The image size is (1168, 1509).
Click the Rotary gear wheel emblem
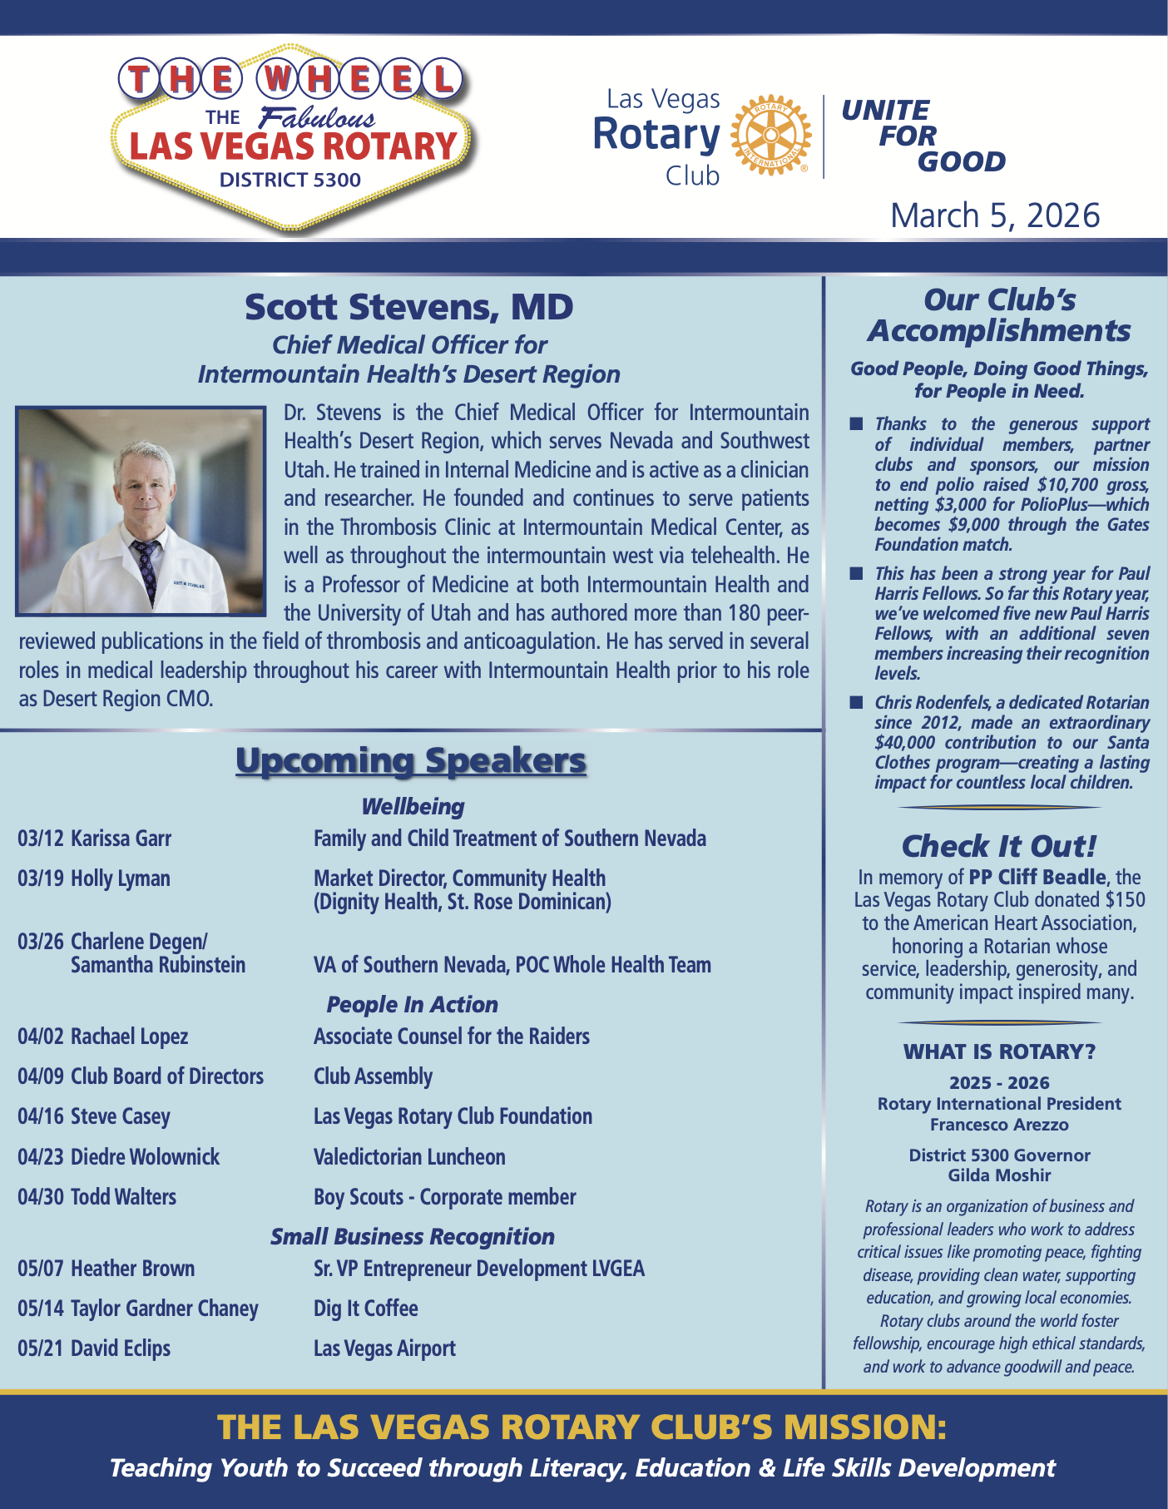click(x=770, y=135)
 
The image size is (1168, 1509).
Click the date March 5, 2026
click(x=995, y=215)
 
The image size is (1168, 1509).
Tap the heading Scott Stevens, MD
click(x=408, y=307)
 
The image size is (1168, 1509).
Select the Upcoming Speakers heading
click(x=411, y=760)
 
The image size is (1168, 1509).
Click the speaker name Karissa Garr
click(x=121, y=839)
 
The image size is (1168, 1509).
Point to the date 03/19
click(x=40, y=878)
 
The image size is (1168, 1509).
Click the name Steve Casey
click(x=120, y=1116)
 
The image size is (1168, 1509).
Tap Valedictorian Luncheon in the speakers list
click(x=409, y=1157)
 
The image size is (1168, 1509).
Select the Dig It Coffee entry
click(x=365, y=1309)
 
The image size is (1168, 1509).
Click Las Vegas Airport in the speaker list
click(x=384, y=1348)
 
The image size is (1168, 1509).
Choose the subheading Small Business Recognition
click(x=413, y=1237)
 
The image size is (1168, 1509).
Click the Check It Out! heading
click(x=999, y=846)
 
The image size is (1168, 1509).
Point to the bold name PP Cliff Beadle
click(x=1039, y=878)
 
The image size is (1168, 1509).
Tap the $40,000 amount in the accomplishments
click(x=904, y=743)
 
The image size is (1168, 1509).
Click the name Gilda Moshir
click(x=999, y=1175)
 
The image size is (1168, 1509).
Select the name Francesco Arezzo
click(x=999, y=1125)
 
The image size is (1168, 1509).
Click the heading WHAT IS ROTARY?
click(x=999, y=1052)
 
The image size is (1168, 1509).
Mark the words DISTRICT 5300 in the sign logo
click(x=290, y=180)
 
